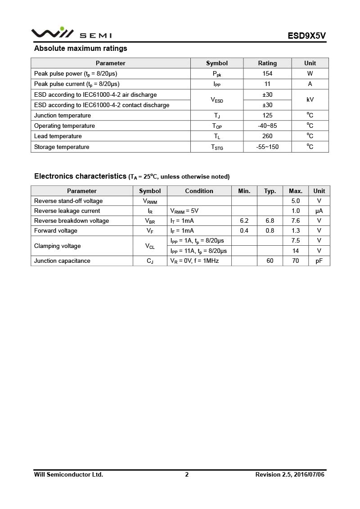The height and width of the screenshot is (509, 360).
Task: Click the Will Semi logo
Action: coord(71,33)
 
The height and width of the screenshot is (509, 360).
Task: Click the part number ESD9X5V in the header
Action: coord(306,36)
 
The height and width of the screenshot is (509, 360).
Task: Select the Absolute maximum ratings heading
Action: coord(81,49)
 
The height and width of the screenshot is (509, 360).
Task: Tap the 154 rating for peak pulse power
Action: coord(267,73)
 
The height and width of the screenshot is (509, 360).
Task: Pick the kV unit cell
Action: coord(310,99)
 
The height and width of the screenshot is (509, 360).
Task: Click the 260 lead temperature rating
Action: coord(267,136)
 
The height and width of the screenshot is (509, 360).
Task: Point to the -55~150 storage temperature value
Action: coord(267,147)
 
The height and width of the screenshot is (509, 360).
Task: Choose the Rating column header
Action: coord(267,63)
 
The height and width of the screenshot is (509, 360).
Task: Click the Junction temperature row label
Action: coord(63,115)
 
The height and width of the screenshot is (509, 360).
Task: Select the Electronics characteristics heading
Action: coord(80,176)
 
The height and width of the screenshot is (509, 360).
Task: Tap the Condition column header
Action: coord(199,191)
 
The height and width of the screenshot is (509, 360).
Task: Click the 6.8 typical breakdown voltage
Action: coord(270,221)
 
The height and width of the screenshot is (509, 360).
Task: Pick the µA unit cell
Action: coord(319,211)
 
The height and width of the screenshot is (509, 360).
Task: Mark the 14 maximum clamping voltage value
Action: coord(296,251)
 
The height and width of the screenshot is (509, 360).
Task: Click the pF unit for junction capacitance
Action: coord(319,261)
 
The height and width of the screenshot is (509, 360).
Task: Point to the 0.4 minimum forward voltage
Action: coord(244,230)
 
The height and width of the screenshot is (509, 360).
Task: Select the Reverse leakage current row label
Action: coord(67,211)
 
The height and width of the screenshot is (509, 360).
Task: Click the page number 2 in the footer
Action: coord(187,474)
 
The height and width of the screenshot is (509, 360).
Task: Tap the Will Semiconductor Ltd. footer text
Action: coord(68,474)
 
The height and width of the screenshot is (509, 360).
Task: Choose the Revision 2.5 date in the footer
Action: coord(290,474)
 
